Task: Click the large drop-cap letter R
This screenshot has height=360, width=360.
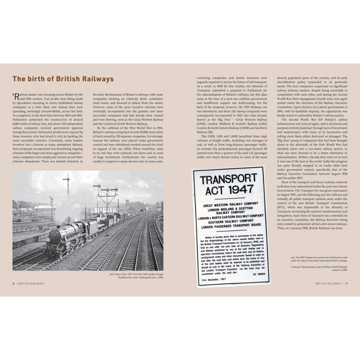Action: pyautogui.click(x=16, y=96)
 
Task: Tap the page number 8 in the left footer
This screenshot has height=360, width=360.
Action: pyautogui.click(x=13, y=283)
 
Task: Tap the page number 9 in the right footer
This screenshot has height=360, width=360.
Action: pyautogui.click(x=346, y=283)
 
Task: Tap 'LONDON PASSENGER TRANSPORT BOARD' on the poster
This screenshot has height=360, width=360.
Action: pyautogui.click(x=231, y=227)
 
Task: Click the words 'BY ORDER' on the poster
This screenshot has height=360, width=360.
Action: pyautogui.click(x=257, y=274)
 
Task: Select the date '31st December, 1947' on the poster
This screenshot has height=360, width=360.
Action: pyautogui.click(x=214, y=280)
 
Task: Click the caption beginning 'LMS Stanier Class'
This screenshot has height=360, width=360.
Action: pyautogui.click(x=136, y=276)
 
